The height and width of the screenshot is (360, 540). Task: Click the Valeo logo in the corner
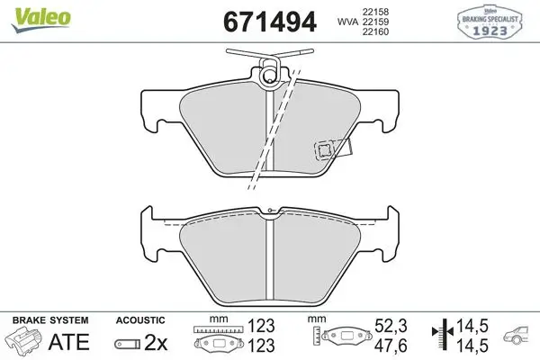[x=41, y=19]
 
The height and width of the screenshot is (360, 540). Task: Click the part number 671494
[x=270, y=22]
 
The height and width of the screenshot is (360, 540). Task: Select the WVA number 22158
[x=375, y=12]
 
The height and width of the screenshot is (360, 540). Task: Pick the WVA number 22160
[x=375, y=31]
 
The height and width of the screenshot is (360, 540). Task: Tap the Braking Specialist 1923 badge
[x=490, y=22]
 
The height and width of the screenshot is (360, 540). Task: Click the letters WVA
[x=347, y=22]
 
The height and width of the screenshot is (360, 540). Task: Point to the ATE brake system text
[x=69, y=342]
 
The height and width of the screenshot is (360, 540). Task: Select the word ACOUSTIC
[x=140, y=320]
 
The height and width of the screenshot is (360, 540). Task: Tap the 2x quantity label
[x=156, y=342]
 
